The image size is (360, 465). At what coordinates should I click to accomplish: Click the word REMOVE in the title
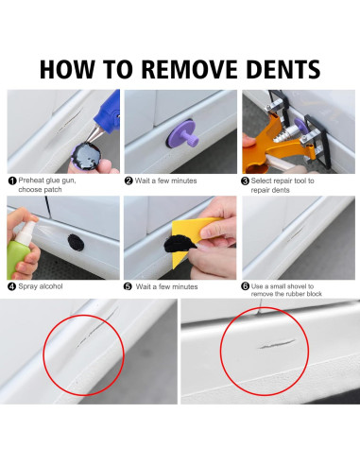pos(189,69)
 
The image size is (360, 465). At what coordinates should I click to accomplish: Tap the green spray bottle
pos(20,249)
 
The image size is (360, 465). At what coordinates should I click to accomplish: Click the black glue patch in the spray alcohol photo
pos(76,242)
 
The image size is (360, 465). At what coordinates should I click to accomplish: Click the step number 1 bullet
pos(12,181)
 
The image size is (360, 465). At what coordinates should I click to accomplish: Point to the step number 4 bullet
pos(12,286)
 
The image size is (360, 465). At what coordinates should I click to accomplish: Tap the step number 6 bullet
pos(246,286)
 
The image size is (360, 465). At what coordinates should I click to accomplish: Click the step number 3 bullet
pos(246,181)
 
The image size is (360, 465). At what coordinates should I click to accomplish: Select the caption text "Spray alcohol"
pos(41,286)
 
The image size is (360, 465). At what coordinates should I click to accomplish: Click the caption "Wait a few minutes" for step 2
pos(165,181)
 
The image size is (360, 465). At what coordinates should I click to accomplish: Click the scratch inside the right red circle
pos(277,344)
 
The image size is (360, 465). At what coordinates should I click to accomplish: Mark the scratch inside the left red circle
pos(96,328)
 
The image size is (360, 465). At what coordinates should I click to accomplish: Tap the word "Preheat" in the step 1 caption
pos(31,181)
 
